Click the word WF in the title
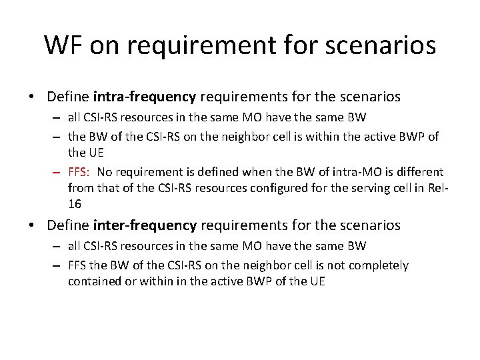tap(64, 45)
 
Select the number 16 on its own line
tap(75, 204)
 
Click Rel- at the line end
tap(438, 188)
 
